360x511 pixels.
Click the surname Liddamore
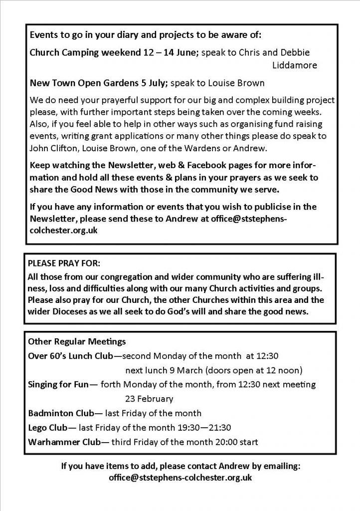point(295,65)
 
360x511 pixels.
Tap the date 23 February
point(149,399)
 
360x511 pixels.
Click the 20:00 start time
point(232,442)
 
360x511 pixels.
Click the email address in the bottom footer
point(180,477)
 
